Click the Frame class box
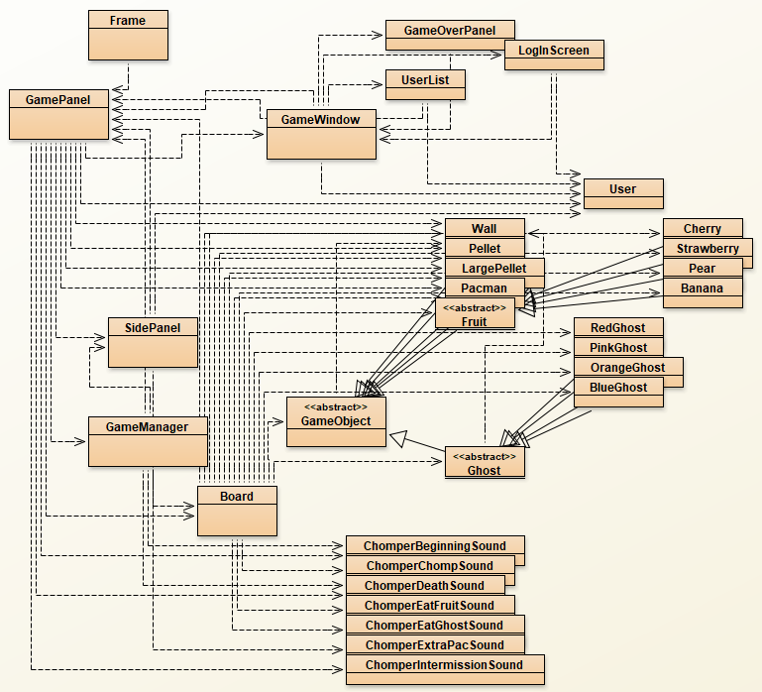(x=128, y=34)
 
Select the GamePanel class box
(x=58, y=113)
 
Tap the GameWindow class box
(x=321, y=134)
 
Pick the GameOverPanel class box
(x=450, y=31)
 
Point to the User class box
(x=623, y=193)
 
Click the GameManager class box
(x=148, y=440)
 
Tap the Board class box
(x=237, y=510)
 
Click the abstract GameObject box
(x=336, y=420)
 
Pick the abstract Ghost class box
(x=485, y=462)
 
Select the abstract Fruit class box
(x=475, y=313)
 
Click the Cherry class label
(x=703, y=229)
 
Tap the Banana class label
(x=703, y=288)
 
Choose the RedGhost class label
(x=618, y=328)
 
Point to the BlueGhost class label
(x=618, y=388)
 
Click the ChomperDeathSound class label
(x=425, y=586)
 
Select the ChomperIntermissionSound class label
(x=442, y=664)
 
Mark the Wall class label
(x=485, y=229)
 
